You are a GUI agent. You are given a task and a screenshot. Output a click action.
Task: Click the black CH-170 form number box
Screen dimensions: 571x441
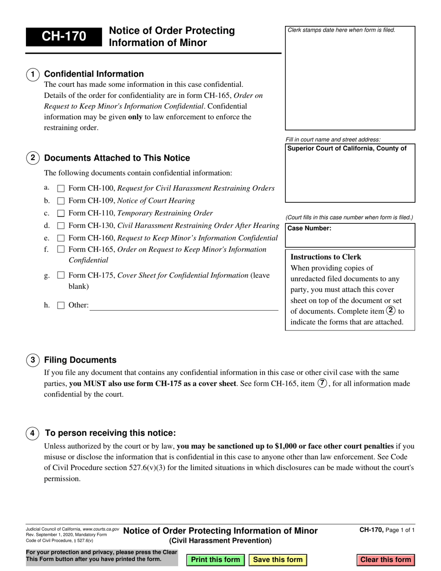click(x=64, y=37)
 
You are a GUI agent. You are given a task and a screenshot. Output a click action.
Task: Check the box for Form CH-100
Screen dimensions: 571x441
click(x=61, y=189)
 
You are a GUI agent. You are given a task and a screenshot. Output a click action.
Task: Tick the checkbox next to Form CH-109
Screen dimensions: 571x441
click(x=61, y=201)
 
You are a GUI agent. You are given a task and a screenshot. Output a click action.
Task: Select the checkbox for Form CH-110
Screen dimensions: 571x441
click(x=61, y=214)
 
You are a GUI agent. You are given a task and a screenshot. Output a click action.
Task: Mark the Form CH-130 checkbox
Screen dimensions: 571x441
click(x=61, y=226)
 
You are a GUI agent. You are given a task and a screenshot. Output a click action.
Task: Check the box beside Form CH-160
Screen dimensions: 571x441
click(x=61, y=238)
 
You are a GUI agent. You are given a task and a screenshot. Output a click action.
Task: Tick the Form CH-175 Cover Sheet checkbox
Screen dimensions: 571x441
click(x=61, y=276)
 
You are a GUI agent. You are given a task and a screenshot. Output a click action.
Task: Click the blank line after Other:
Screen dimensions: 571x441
click(x=183, y=306)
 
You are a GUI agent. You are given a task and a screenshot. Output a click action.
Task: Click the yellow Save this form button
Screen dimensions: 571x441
click(x=278, y=559)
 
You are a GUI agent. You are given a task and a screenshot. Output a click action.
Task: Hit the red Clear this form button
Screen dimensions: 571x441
click(x=386, y=559)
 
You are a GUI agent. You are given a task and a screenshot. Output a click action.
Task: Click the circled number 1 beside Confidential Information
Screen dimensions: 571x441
click(x=32, y=74)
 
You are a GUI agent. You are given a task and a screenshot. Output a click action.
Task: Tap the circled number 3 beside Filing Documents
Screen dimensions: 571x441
click(x=32, y=360)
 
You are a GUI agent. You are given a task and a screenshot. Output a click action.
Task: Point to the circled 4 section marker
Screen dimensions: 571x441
click(x=32, y=434)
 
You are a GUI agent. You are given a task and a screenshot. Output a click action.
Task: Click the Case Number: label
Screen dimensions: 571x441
click(x=310, y=228)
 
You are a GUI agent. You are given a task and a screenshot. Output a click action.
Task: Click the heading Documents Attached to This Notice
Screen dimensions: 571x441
click(x=117, y=158)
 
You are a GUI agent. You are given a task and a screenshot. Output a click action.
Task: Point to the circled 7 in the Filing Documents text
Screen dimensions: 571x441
click(x=322, y=384)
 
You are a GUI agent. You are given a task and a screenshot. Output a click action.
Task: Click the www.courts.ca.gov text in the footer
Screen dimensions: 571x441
click(x=101, y=529)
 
